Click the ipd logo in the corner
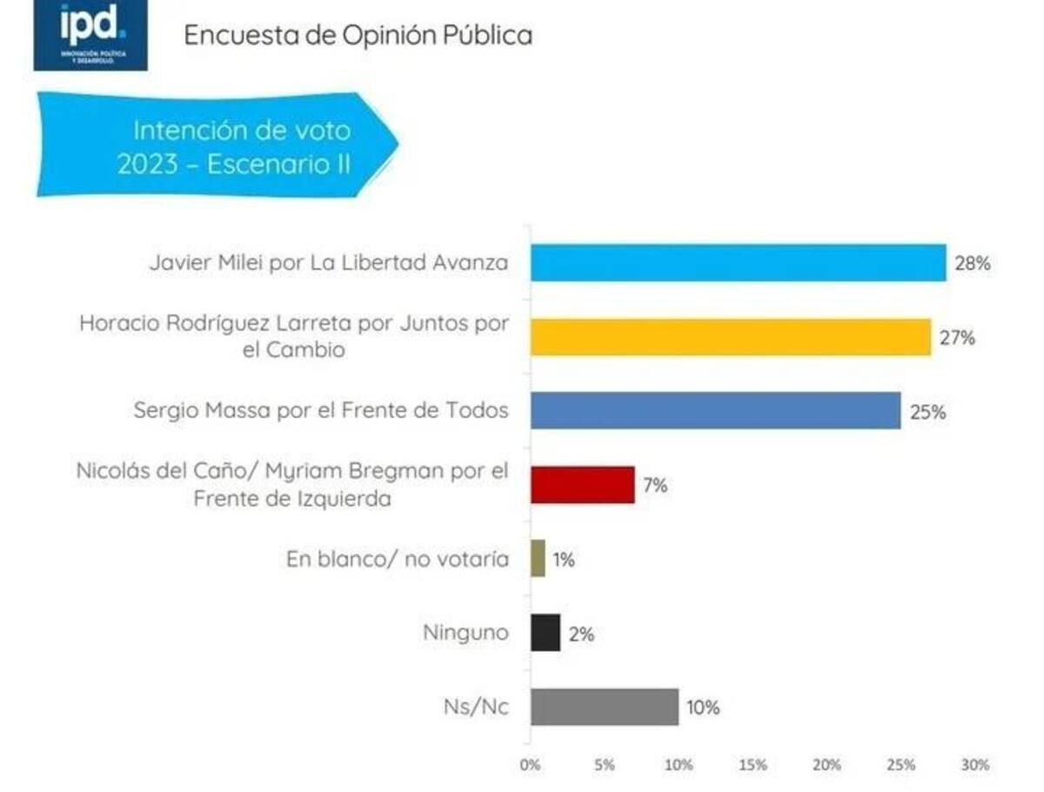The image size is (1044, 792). coord(90,35)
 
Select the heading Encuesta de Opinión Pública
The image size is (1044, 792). coord(358,36)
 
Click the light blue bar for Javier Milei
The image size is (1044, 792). coord(738,263)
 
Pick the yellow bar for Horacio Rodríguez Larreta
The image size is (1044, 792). coord(731,337)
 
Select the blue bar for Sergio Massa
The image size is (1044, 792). coord(715,411)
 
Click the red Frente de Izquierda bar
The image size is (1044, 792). coord(582,485)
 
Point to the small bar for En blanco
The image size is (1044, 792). coord(538,559)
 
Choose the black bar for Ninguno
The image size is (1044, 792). coord(545,633)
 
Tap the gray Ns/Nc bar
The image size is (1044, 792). coord(605,707)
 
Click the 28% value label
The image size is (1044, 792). coord(972,264)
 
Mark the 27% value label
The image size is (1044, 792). coord(957,338)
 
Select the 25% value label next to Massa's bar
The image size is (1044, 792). coord(927,412)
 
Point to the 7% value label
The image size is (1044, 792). coord(655,486)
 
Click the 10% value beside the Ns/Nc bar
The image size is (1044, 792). coord(703,708)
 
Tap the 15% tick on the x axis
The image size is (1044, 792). coord(753,765)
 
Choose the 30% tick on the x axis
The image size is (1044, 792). coord(975,765)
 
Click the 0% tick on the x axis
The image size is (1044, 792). coord(530,765)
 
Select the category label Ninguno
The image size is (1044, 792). coord(465,633)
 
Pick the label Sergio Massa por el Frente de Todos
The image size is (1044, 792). coord(321,411)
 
